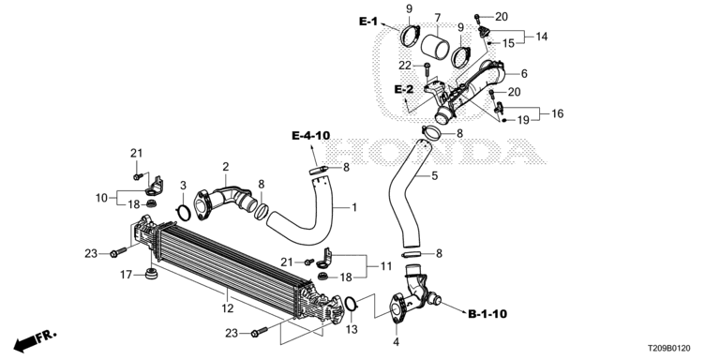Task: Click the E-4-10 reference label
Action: coord(311,135)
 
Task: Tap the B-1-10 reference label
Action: coord(487,314)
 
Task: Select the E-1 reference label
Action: coord(367,22)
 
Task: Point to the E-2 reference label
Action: coord(404,89)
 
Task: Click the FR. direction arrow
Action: coord(35,340)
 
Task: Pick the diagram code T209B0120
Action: coord(669,349)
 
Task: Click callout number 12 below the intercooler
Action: coord(228,308)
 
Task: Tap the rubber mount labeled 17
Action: coord(152,275)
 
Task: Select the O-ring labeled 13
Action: coord(351,303)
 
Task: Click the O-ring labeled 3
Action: coord(183,213)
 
